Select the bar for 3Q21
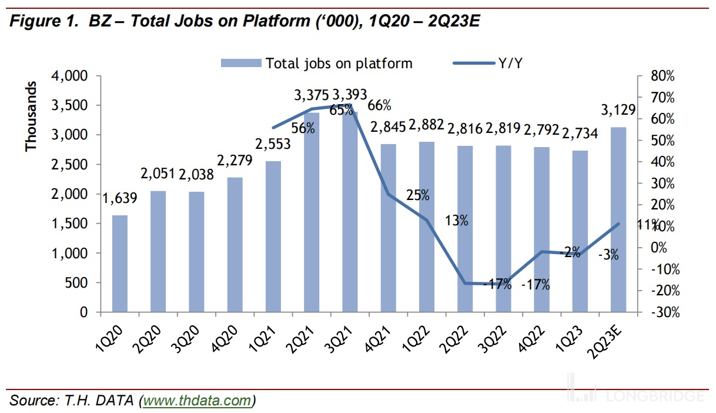tap(350, 212)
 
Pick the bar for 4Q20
tap(235, 244)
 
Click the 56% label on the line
tap(303, 128)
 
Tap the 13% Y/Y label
tap(457, 221)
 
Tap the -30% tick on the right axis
tap(663, 312)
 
